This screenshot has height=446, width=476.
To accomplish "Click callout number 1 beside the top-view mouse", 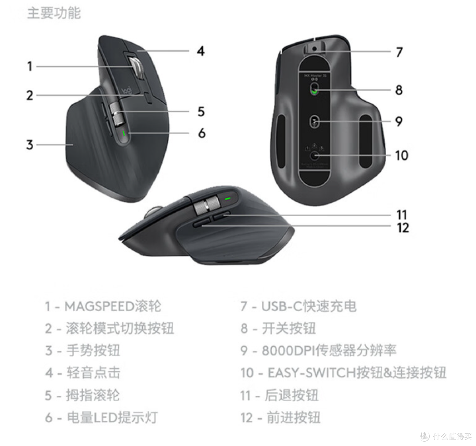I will [x=30, y=66].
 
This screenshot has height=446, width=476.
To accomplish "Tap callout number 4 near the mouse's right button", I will [x=201, y=51].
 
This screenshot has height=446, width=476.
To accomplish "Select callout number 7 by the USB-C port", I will [x=399, y=52].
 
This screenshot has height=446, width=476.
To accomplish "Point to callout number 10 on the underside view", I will [x=402, y=155].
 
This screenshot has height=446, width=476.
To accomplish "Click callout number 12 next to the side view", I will [x=402, y=227].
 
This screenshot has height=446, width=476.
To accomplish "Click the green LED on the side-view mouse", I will [x=227, y=199].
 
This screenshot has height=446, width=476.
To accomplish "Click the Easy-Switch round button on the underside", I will [x=314, y=155].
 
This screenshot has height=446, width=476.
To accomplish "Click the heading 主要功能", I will [x=54, y=13].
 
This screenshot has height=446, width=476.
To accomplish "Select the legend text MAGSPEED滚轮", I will [x=113, y=306].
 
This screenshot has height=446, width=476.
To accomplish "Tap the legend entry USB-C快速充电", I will [x=309, y=306].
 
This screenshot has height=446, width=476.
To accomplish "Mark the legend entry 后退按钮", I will [x=291, y=395].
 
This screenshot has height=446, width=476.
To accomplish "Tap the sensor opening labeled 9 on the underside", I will [x=314, y=121].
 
